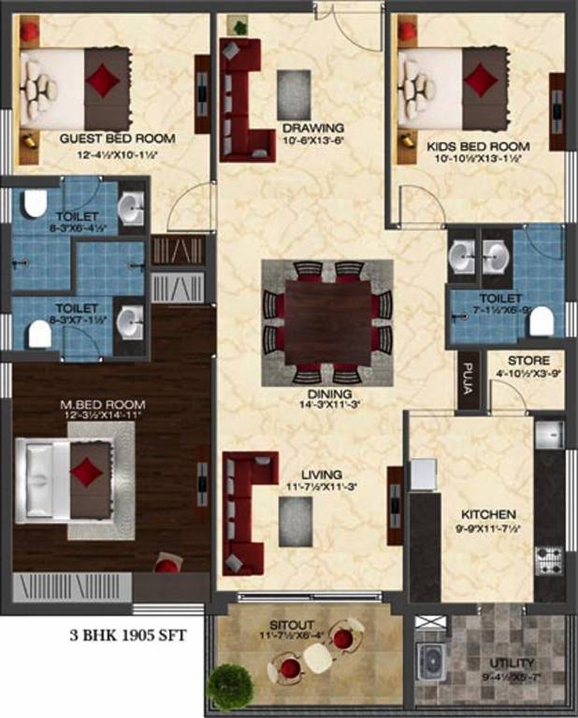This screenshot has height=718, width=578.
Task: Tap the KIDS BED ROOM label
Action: click(x=478, y=147)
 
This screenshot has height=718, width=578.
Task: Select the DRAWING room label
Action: click(x=312, y=128)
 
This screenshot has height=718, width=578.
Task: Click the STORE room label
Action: click(x=534, y=361)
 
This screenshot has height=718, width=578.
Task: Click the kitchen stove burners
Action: click(x=549, y=559)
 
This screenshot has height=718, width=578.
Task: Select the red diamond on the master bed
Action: click(x=86, y=470)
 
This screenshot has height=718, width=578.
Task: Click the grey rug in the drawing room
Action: click(x=295, y=93)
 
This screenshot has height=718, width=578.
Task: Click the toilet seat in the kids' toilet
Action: click(x=542, y=323)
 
